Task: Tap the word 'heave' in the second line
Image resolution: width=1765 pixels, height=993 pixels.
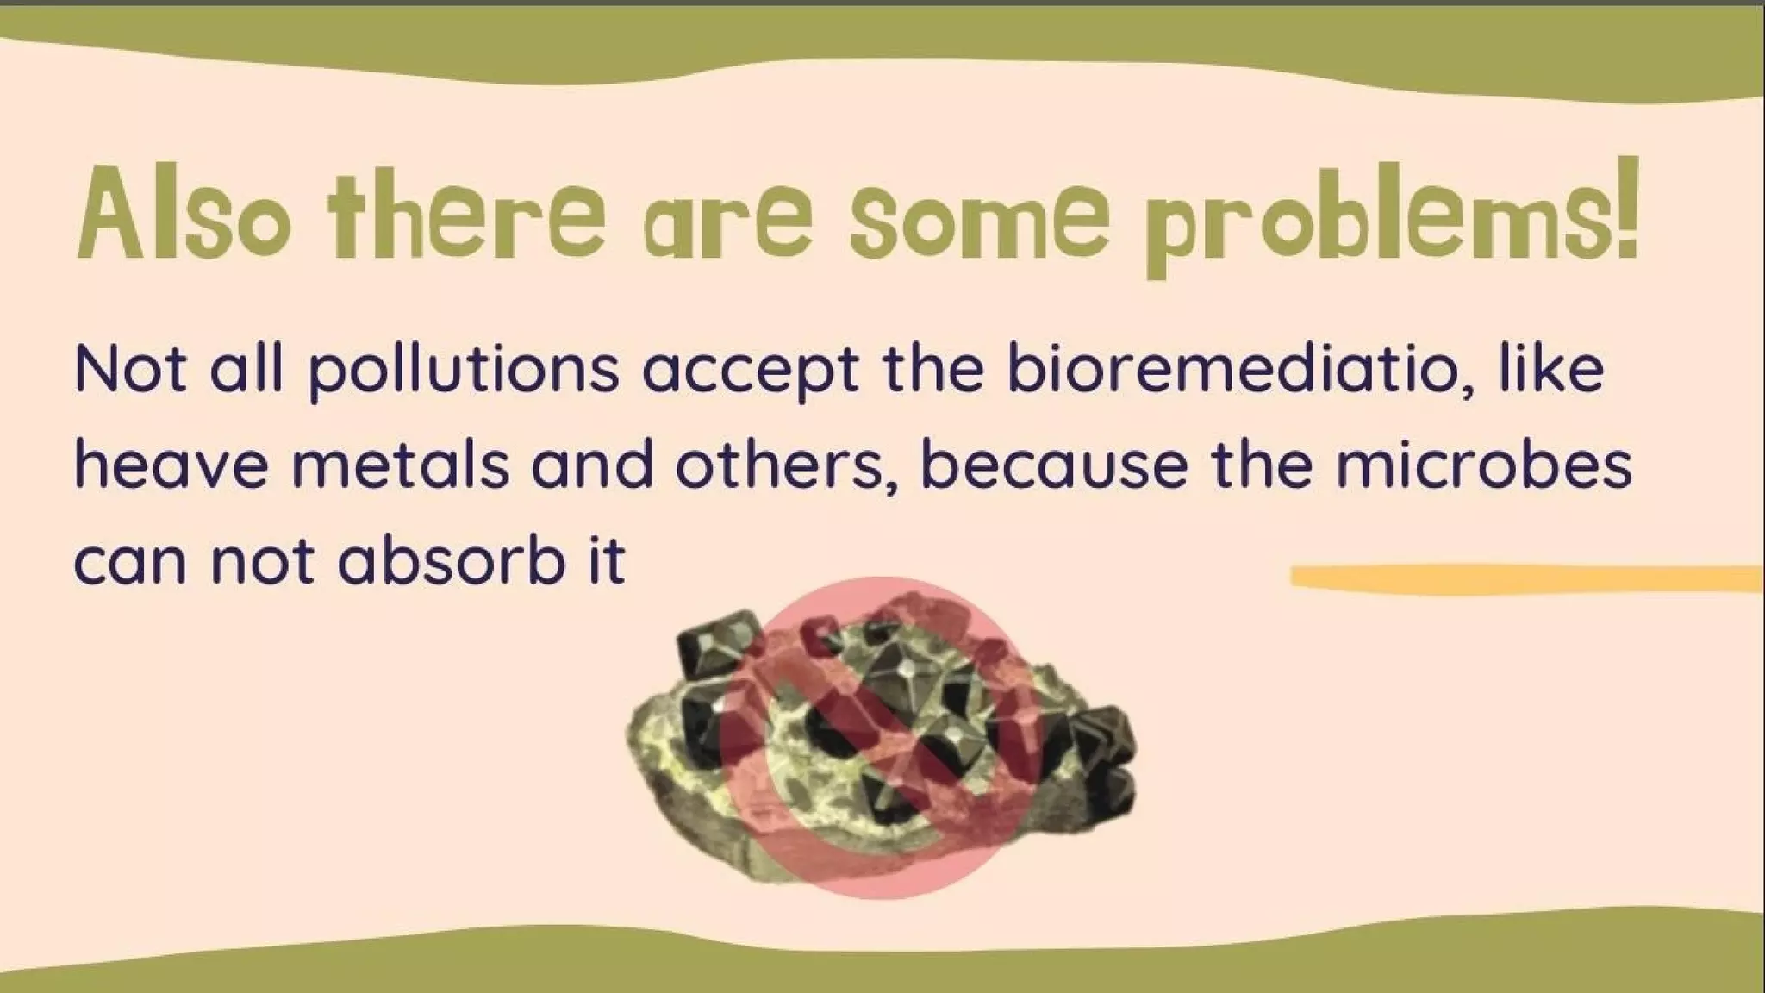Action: click(172, 465)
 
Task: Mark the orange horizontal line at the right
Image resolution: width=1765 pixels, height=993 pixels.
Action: click(1525, 578)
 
